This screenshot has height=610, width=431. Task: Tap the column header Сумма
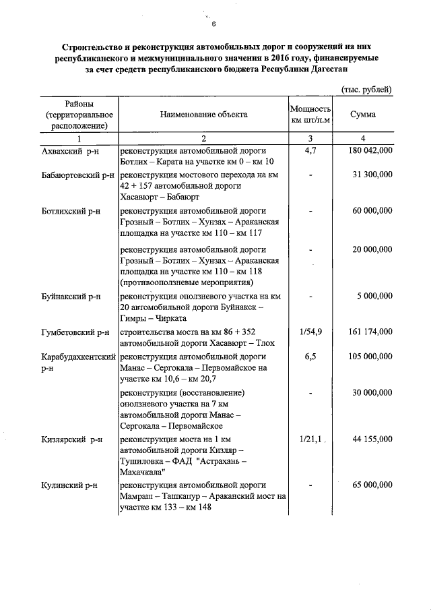coord(363,115)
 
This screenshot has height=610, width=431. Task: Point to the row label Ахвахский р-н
coord(69,152)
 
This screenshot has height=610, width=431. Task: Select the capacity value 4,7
coord(310,152)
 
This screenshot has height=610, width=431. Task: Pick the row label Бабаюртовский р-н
coord(78,175)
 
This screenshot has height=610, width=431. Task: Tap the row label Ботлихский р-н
coord(71,211)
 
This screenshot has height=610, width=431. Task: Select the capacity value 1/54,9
coord(310,332)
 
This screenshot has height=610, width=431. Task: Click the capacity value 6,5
coord(310,355)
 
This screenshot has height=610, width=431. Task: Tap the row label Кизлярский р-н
coord(71,439)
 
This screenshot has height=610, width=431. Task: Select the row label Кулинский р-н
coord(69,485)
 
